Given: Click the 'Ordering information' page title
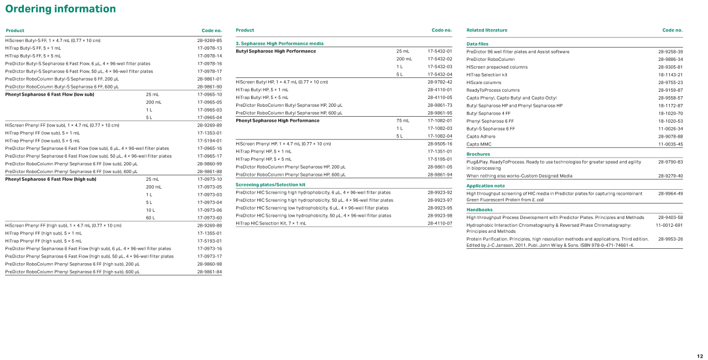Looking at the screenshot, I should coord(61,9).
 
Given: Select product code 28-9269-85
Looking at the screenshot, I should coord(209,40).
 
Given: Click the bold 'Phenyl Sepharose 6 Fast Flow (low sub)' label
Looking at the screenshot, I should coord(50,95).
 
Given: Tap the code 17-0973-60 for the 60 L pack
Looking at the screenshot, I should coord(209,218).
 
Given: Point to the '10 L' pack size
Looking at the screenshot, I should coord(150,210).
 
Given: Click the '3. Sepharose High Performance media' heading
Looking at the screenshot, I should coord(279,43).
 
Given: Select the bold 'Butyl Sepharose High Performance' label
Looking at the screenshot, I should coord(276,51).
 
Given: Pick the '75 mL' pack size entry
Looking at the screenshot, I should coord(403,121).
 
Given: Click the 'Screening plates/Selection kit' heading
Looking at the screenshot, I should coord(270,185).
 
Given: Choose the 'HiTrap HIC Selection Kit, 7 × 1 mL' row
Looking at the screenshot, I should coord(270,223).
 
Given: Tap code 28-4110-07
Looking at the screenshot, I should coord(440,223).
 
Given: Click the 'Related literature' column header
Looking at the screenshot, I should coord(487,30).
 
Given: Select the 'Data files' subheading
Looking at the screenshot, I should coord(477,44).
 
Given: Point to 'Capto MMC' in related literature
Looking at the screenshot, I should coord(478,144).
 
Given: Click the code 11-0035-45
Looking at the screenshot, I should coord(670,144).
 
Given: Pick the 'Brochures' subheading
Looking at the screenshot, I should coord(478,154).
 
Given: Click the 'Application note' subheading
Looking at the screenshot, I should coord(486,186).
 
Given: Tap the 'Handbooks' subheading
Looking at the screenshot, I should coord(480,210).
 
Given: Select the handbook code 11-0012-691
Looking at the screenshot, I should coord(669,226).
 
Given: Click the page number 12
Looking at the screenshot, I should coord(700,356).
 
